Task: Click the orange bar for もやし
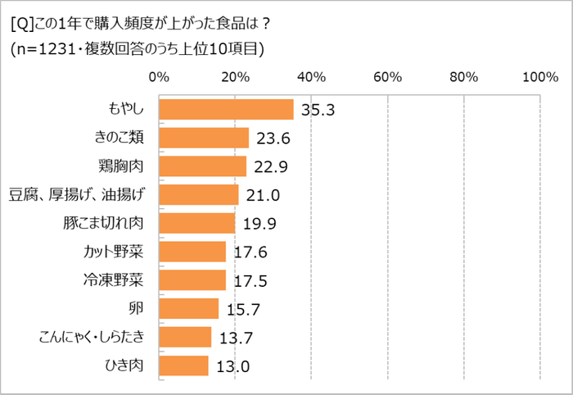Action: pyautogui.click(x=226, y=110)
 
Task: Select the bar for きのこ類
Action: pyautogui.click(x=204, y=138)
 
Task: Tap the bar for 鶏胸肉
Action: pyautogui.click(x=202, y=166)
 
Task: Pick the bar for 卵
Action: pyautogui.click(x=189, y=308)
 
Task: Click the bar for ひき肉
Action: pyautogui.click(x=183, y=365)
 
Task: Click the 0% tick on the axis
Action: pyautogui.click(x=159, y=78)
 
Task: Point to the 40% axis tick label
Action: pyautogui.click(x=311, y=78)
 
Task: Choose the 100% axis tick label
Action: pyautogui.click(x=539, y=78)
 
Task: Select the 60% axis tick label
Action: pyautogui.click(x=387, y=78)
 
